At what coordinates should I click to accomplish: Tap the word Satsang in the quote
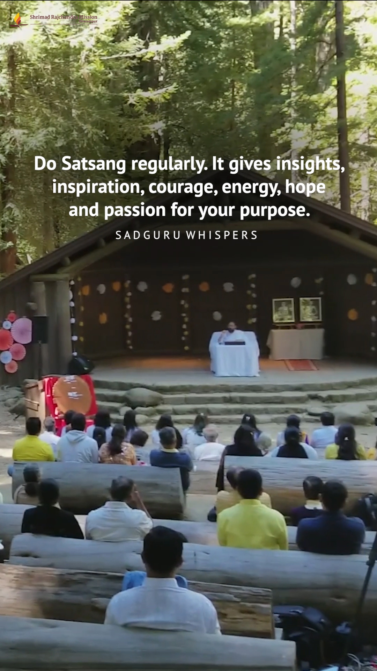94,164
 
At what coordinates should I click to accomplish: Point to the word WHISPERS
222,235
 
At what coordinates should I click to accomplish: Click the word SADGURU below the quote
148,235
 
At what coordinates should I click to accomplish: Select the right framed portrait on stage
310,310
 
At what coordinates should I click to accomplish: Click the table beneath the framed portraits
296,344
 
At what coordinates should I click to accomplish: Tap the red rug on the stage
301,365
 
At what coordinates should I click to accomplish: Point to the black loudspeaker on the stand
40,329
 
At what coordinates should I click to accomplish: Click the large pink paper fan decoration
22,330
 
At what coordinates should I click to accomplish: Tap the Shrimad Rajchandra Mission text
64,17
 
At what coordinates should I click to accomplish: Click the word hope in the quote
305,187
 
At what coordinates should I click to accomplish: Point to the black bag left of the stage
80,365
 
